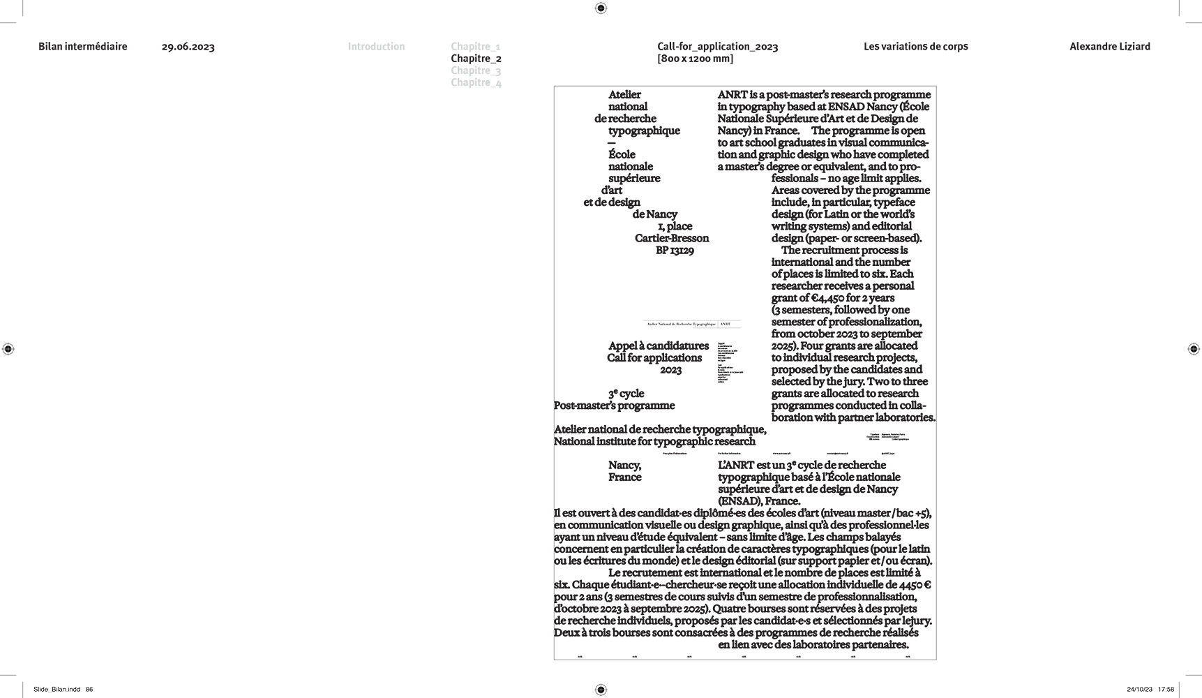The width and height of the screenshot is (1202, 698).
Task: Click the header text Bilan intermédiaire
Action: click(x=82, y=47)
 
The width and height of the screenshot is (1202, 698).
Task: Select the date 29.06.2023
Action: click(x=188, y=47)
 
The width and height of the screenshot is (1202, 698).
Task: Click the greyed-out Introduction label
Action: click(x=376, y=47)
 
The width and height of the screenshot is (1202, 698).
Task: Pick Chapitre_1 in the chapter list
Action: click(x=475, y=47)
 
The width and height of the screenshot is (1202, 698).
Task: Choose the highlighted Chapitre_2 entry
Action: click(x=476, y=59)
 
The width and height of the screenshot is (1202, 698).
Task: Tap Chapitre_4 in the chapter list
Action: click(x=476, y=82)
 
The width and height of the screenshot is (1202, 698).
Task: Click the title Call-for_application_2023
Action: click(x=717, y=47)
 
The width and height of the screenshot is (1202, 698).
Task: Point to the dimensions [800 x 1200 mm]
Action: click(x=695, y=59)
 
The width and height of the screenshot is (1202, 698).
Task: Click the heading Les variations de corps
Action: click(x=915, y=47)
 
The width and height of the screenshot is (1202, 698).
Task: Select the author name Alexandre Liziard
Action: click(x=1109, y=47)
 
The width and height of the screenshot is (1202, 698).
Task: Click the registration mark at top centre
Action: click(x=601, y=8)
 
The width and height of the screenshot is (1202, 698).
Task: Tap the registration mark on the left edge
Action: click(x=8, y=349)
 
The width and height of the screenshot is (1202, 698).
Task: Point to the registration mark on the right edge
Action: click(x=1193, y=349)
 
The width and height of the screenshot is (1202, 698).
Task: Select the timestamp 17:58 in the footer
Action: click(x=1166, y=690)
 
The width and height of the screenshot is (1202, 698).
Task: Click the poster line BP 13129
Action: click(x=675, y=251)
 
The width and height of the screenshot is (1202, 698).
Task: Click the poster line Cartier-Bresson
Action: click(x=671, y=239)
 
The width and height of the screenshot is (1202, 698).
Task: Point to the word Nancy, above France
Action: click(x=624, y=466)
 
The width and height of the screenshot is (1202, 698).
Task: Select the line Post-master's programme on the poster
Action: click(x=614, y=406)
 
